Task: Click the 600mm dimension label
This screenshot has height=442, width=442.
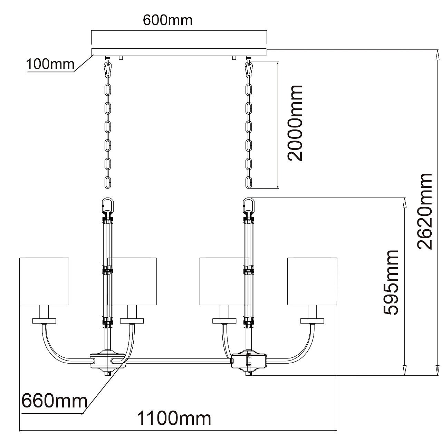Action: [x=167, y=20]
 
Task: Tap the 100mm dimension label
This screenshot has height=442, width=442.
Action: [x=50, y=64]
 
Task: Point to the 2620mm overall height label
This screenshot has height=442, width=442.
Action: [x=424, y=211]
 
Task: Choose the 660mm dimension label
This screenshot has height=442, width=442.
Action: [x=54, y=401]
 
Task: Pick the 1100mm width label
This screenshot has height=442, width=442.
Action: [x=174, y=419]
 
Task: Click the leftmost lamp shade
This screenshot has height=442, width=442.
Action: [x=44, y=281]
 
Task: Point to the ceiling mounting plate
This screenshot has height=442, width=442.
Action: [x=179, y=52]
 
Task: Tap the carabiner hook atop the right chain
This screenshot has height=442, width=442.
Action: [x=248, y=69]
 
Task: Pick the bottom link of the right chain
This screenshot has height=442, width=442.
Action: [x=248, y=182]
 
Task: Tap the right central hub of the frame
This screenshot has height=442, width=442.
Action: [x=249, y=361]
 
